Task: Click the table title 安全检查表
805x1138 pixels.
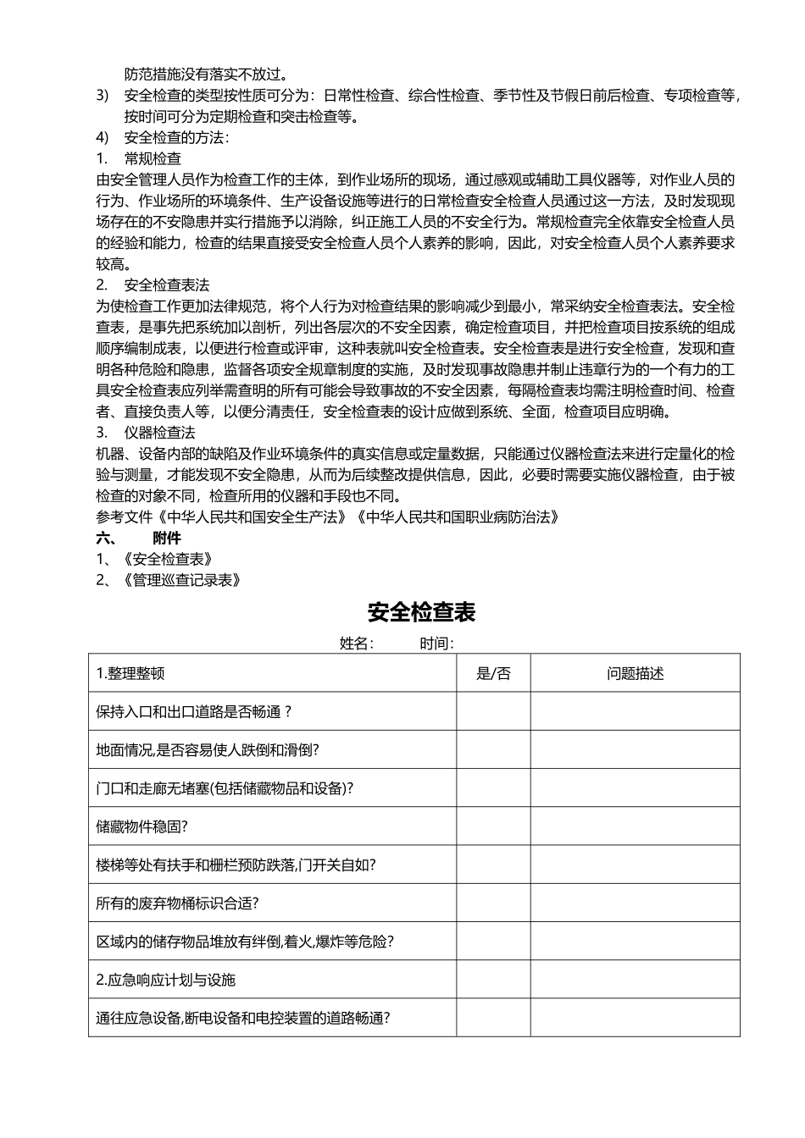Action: point(421,612)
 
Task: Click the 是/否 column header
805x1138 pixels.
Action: point(493,673)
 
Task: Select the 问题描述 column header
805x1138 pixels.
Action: point(635,673)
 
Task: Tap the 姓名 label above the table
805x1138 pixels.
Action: point(356,644)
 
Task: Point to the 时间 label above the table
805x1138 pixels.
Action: point(436,644)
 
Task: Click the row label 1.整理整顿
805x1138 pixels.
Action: point(130,673)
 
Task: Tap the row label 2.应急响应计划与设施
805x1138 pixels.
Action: point(166,980)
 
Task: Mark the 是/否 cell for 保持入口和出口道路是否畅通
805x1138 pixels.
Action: point(493,711)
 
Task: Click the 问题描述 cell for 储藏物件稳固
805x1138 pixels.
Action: point(635,826)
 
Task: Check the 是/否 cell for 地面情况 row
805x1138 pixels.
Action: point(493,750)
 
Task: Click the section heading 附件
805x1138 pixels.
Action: point(167,538)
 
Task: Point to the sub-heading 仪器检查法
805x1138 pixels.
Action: point(159,433)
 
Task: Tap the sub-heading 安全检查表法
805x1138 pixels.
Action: point(166,284)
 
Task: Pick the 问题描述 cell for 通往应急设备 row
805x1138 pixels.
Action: point(635,1018)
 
